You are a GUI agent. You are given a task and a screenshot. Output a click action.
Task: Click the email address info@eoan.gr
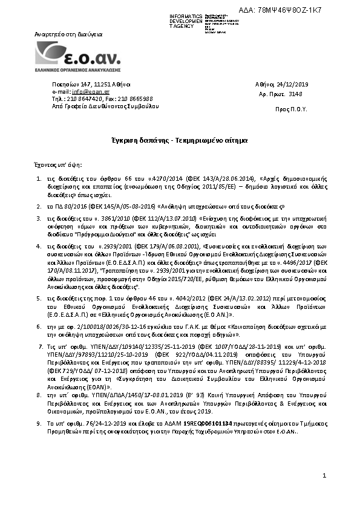click(x=86, y=91)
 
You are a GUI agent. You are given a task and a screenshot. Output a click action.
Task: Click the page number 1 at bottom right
click(x=324, y=477)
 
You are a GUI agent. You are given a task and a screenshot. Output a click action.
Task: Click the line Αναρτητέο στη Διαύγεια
click(x=67, y=35)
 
